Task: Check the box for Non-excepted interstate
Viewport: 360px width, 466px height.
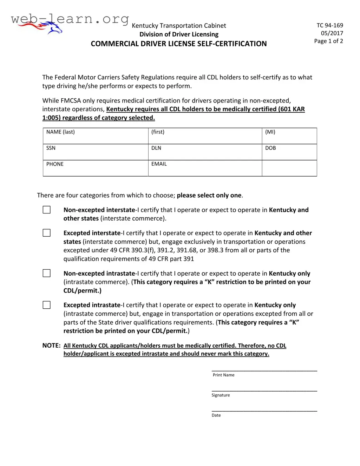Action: tap(47, 210)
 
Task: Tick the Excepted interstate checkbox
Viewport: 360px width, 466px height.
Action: tap(47, 233)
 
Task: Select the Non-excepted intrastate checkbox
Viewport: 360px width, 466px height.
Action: tap(47, 273)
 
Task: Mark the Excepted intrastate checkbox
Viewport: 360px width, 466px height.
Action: tap(47, 305)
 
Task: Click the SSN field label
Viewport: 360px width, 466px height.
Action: tap(51, 148)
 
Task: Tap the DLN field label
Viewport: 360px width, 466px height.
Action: tap(156, 148)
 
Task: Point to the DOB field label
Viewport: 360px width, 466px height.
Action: tap(270, 148)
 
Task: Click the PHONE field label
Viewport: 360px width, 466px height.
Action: tap(55, 164)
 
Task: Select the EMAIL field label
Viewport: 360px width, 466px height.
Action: tap(159, 164)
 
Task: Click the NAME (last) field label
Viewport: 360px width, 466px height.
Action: tap(60, 132)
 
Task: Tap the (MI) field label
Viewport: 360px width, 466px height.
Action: tap(270, 132)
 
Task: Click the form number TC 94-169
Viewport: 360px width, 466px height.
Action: tap(330, 25)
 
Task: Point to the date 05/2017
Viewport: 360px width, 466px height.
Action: tap(332, 33)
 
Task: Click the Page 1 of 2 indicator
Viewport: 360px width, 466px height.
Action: tap(328, 41)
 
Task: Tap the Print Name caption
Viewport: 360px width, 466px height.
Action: tap(223, 375)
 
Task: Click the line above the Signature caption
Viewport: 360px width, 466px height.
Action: tap(264, 391)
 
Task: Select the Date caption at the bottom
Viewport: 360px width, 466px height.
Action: tap(216, 415)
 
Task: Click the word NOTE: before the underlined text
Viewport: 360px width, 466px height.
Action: tap(51, 346)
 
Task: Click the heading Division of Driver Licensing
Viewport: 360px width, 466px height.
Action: tap(179, 34)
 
